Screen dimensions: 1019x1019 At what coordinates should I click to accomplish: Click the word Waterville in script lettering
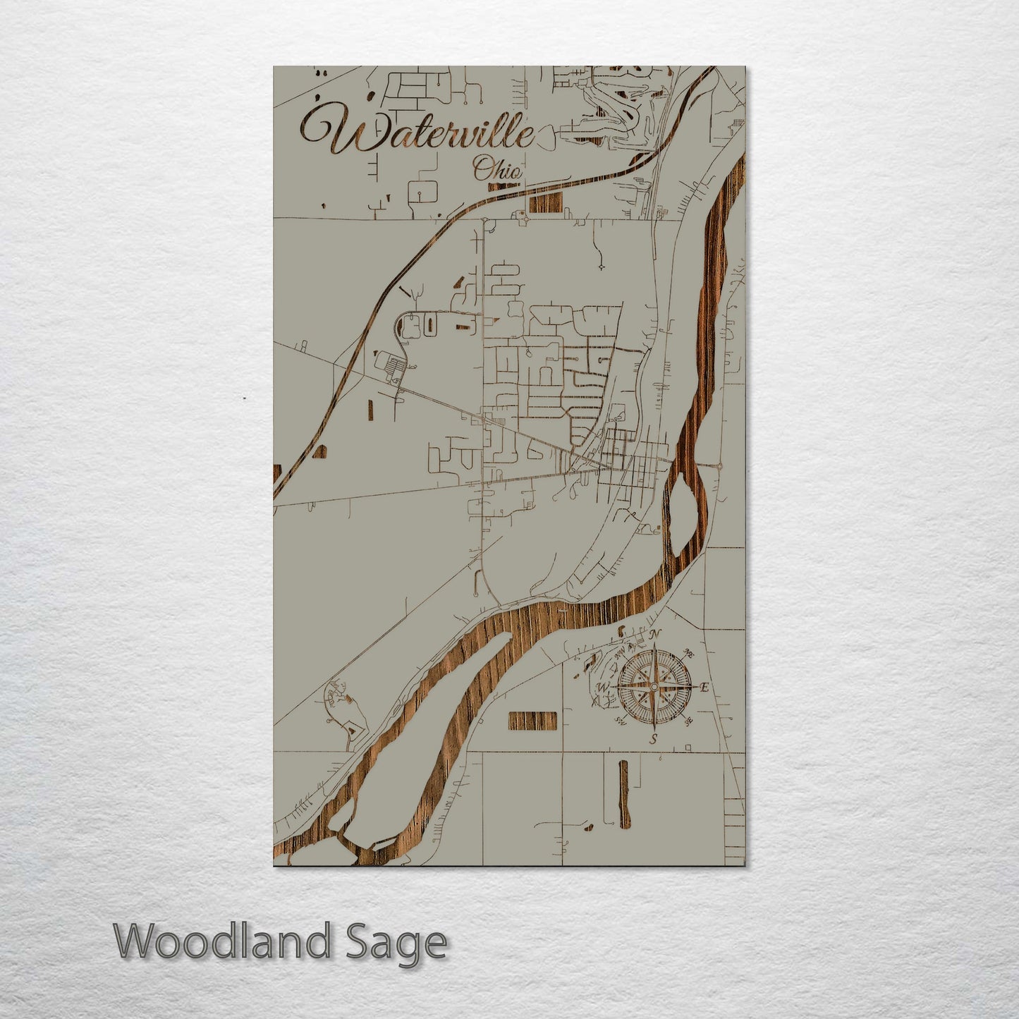click(x=416, y=132)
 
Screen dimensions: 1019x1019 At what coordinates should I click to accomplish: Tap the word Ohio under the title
click(x=497, y=170)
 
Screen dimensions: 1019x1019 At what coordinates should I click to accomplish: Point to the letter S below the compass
click(x=654, y=739)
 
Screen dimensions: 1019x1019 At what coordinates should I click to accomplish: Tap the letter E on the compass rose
click(x=704, y=687)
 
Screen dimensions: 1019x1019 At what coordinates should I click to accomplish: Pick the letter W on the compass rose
click(x=603, y=688)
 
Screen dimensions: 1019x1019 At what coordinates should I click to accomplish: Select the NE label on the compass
click(x=690, y=654)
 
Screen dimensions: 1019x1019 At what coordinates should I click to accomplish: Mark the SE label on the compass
click(x=689, y=721)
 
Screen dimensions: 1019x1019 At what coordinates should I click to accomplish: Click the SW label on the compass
click(x=620, y=721)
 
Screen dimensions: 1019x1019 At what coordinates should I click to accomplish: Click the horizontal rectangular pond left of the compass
click(x=532, y=720)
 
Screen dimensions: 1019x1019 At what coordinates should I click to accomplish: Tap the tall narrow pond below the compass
click(x=623, y=793)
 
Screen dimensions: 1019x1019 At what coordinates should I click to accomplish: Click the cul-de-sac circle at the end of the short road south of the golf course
click(x=601, y=267)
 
